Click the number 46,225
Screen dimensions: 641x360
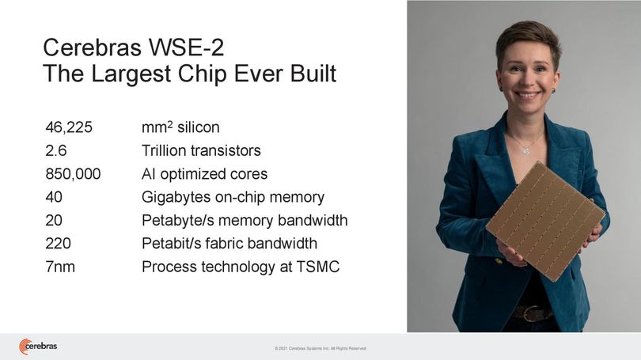click(x=69, y=127)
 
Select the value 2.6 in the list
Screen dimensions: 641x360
click(x=55, y=151)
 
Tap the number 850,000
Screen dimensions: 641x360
click(x=73, y=174)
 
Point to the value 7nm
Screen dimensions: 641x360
click(x=60, y=267)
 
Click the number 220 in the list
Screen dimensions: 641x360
click(x=58, y=244)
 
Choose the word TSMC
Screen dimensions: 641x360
click(x=317, y=267)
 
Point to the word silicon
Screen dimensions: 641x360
click(x=199, y=127)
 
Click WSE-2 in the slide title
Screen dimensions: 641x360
click(x=186, y=47)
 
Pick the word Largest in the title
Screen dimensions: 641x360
click(x=131, y=74)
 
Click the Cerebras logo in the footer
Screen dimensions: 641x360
click(x=38, y=347)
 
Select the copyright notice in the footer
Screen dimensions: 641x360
click(x=320, y=349)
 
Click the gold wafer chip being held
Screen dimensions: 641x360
click(x=546, y=222)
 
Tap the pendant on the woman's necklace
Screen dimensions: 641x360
click(x=526, y=150)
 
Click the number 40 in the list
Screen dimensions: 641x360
click(x=54, y=197)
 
